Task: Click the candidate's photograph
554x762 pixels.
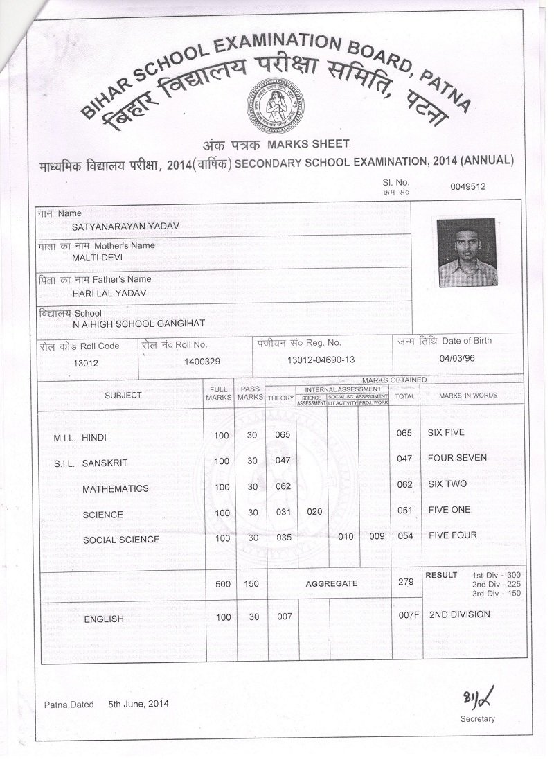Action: pyautogui.click(x=467, y=252)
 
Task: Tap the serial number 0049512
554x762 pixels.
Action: pyautogui.click(x=467, y=186)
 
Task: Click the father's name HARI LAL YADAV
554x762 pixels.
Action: pyautogui.click(x=104, y=292)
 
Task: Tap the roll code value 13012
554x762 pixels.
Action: pyautogui.click(x=86, y=362)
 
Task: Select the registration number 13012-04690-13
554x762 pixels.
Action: pyautogui.click(x=321, y=360)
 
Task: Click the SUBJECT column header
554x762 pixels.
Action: pyautogui.click(x=123, y=395)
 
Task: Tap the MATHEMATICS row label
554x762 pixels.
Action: pyautogui.click(x=115, y=488)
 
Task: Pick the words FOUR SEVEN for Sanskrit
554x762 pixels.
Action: pyautogui.click(x=457, y=458)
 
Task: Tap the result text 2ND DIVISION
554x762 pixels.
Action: pyautogui.click(x=459, y=614)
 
